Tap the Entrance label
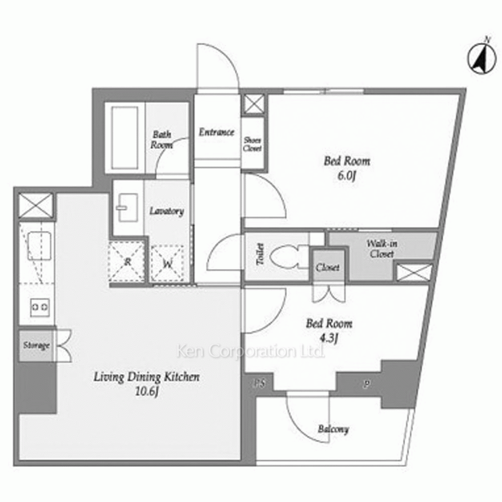tap(216, 132)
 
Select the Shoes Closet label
tap(253, 144)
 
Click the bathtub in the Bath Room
tap(125, 138)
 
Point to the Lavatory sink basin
tap(127, 208)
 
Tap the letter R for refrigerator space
tap(128, 262)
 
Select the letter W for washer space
tap(168, 264)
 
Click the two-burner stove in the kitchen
tap(40, 307)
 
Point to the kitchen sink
tap(39, 246)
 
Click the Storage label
tap(37, 345)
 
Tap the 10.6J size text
tap(147, 391)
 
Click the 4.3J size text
tap(329, 338)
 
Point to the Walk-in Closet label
tap(382, 249)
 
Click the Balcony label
tap(333, 429)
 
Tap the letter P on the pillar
tap(366, 384)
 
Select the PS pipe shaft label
tap(260, 383)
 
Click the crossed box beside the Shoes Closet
tap(254, 104)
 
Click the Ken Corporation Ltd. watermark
tap(250, 351)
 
